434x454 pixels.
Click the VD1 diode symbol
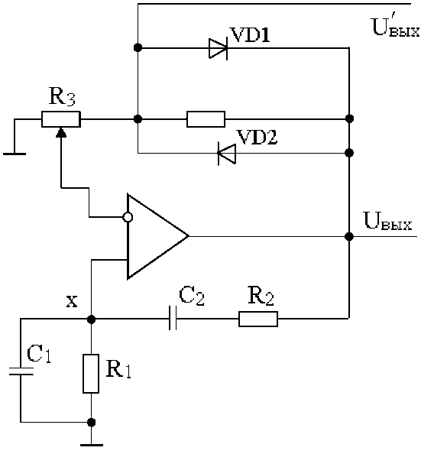click(219, 48)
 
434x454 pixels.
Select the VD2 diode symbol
click(227, 153)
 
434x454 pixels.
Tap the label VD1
click(250, 35)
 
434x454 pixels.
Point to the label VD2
click(257, 137)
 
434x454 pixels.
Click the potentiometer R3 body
click(61, 119)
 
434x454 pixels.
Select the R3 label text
click(62, 96)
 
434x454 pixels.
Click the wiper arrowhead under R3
click(61, 133)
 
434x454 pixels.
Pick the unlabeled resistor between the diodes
click(206, 119)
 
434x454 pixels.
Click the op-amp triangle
click(158, 237)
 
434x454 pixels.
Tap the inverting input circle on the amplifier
click(128, 217)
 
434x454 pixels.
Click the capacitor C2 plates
click(173, 319)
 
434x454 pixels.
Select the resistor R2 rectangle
click(258, 319)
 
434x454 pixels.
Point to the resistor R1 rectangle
click(91, 374)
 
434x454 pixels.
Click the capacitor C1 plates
click(21, 371)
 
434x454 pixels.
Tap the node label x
click(72, 302)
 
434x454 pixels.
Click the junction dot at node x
click(91, 319)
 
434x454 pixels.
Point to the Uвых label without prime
click(387, 222)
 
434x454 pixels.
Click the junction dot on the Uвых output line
click(349, 237)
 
